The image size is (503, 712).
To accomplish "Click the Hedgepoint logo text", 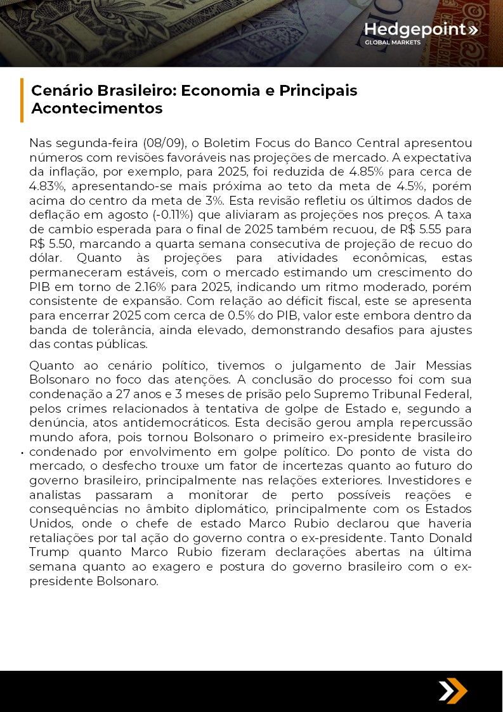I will coord(415,30).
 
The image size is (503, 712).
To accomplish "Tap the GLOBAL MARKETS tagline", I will coord(392,43).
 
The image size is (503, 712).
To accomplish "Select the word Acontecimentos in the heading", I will coord(96,108).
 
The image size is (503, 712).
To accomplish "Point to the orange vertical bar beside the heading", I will coord(22,100).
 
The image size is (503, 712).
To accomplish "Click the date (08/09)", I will coord(162,143).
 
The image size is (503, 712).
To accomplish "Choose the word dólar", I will coord(47,258).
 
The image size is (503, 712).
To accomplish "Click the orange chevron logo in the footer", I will coord(452,690).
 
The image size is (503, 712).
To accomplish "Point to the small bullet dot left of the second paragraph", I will coord(22,453).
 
